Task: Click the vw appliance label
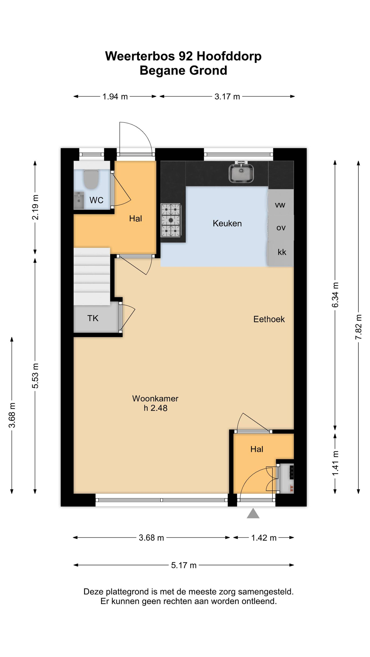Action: click(x=280, y=205)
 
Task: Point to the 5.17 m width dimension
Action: click(x=184, y=565)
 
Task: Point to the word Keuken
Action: click(x=227, y=223)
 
